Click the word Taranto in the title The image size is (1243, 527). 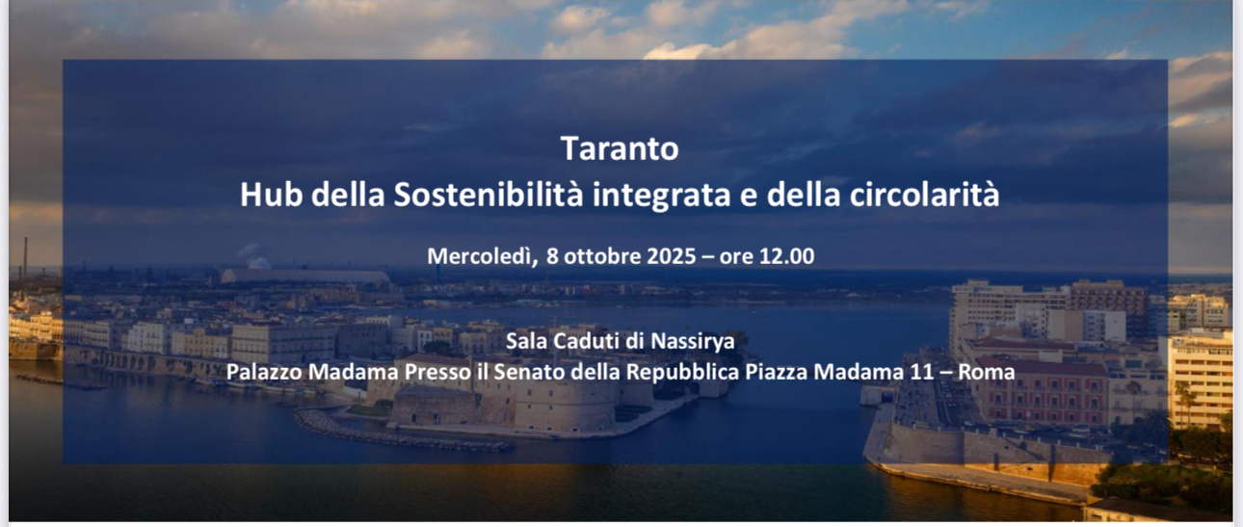[x=620, y=148]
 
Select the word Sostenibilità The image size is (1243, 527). [x=489, y=195]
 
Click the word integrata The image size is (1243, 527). [x=661, y=197]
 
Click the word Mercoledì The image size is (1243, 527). [x=482, y=256]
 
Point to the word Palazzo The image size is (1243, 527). [x=264, y=372]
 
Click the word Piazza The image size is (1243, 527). [x=776, y=372]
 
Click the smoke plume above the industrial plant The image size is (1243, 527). [x=255, y=256]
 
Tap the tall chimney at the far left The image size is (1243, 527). [x=25, y=259]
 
